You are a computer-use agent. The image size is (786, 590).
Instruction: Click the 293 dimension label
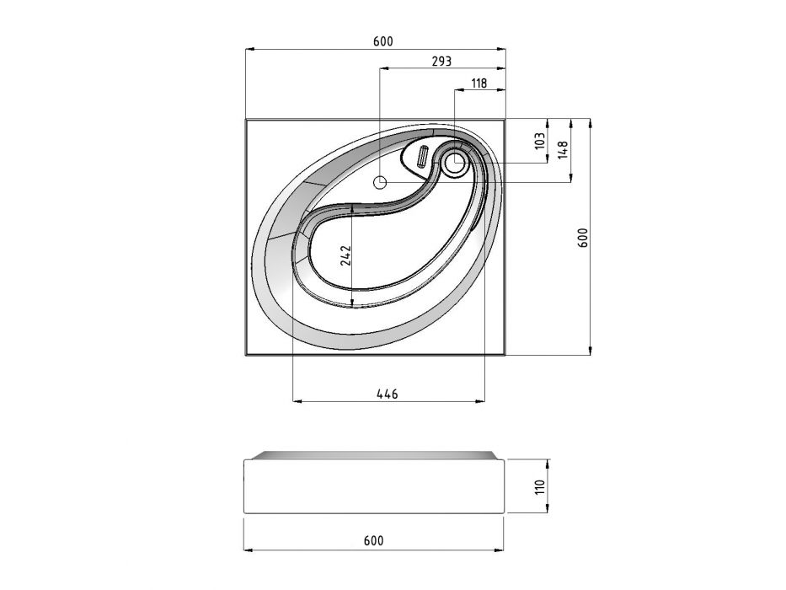(441, 62)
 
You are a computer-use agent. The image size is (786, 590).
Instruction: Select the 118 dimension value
(479, 83)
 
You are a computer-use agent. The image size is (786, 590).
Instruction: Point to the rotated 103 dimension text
(539, 141)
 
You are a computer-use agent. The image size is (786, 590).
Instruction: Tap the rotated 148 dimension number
(563, 150)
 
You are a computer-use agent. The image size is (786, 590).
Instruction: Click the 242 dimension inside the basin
(346, 256)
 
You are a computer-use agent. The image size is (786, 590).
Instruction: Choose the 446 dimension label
(387, 394)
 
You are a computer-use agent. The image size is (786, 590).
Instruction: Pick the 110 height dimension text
(539, 486)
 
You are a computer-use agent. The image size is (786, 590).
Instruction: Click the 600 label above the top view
(383, 41)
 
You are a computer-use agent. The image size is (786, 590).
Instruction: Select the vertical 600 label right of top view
(583, 238)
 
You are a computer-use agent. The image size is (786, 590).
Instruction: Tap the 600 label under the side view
(373, 541)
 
